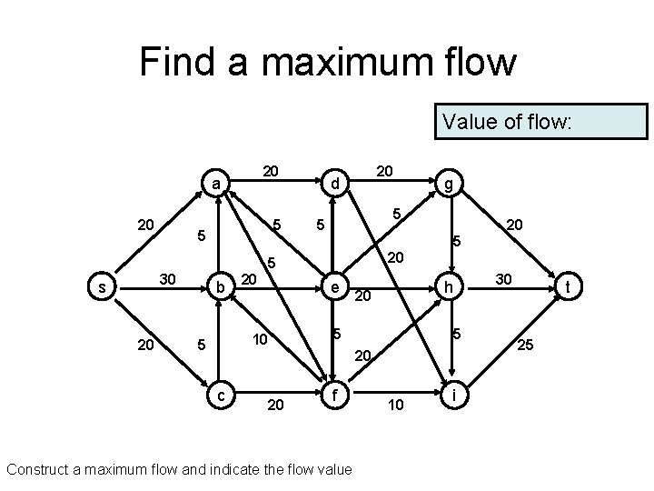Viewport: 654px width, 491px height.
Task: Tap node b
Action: coord(219,287)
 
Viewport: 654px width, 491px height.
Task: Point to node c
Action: coord(219,394)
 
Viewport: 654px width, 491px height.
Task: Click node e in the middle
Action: coord(334,287)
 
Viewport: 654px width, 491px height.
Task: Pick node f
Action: coord(334,394)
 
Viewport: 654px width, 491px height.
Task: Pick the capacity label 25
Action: coord(524,346)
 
